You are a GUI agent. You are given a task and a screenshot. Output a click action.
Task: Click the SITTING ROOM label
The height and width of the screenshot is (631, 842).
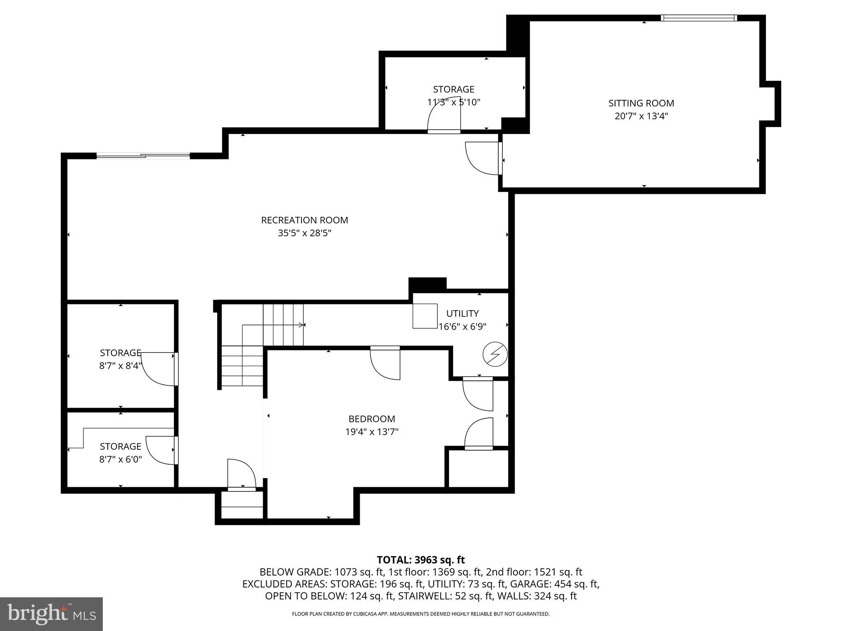pyautogui.click(x=641, y=103)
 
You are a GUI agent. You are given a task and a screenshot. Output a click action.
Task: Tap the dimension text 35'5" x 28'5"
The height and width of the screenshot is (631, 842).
pyautogui.click(x=304, y=233)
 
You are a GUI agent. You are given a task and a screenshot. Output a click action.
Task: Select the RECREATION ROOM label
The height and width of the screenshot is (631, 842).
pyautogui.click(x=304, y=220)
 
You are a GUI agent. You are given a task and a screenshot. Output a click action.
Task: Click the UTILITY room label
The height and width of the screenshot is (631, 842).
pyautogui.click(x=462, y=313)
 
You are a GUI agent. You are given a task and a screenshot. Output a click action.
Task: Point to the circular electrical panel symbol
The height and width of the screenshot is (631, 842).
pyautogui.click(x=495, y=354)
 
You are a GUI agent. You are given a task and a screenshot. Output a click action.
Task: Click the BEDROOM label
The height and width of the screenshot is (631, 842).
pyautogui.click(x=372, y=419)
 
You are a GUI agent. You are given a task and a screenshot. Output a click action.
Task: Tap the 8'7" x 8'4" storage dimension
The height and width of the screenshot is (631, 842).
pyautogui.click(x=120, y=366)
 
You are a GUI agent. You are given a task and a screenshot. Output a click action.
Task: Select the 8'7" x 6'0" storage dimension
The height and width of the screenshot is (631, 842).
pyautogui.click(x=120, y=459)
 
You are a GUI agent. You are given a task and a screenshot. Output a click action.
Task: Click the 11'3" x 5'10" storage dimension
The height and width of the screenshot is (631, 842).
pyautogui.click(x=453, y=102)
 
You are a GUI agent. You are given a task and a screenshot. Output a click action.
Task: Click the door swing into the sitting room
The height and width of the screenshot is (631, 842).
pyautogui.click(x=482, y=158)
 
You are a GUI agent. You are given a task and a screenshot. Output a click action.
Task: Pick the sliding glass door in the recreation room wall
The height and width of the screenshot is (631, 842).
pyautogui.click(x=143, y=156)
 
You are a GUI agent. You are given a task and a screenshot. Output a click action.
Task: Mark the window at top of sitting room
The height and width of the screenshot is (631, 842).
pyautogui.click(x=699, y=18)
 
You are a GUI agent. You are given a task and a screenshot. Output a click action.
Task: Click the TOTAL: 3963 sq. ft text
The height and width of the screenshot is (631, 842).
pyautogui.click(x=421, y=560)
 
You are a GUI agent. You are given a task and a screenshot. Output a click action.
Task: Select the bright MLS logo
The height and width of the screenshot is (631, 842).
pyautogui.click(x=51, y=614)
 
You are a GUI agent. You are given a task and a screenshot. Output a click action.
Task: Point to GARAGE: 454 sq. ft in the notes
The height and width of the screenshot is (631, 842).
pyautogui.click(x=564, y=584)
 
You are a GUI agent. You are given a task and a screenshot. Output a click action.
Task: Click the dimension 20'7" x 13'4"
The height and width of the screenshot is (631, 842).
pyautogui.click(x=641, y=116)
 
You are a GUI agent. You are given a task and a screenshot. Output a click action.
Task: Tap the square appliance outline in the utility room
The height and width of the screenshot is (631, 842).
pyautogui.click(x=425, y=316)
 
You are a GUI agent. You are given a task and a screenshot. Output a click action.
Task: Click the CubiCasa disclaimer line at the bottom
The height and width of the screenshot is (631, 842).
pyautogui.click(x=421, y=614)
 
